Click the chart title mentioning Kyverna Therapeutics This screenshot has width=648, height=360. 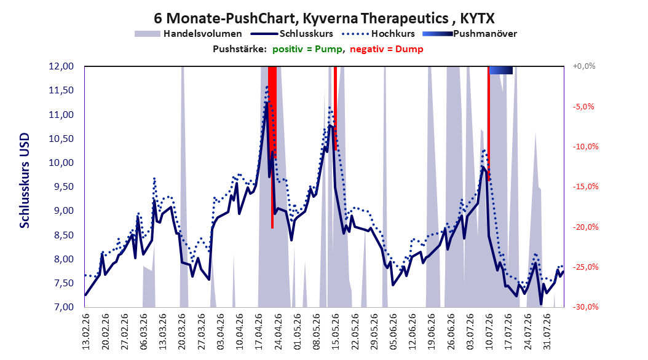tap(324, 18)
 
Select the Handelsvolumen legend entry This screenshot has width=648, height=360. tap(188, 34)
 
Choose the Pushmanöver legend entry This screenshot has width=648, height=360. tap(470, 34)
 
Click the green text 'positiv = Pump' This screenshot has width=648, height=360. tap(307, 49)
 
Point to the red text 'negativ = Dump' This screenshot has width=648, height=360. tap(387, 49)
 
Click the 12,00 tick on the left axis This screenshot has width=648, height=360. tap(61, 66)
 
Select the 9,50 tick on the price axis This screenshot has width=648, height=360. tap(61, 187)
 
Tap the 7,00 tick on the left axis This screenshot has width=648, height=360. tap(61, 307)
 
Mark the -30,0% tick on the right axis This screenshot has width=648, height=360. tap(585, 307)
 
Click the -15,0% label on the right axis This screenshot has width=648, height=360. tap(585, 187)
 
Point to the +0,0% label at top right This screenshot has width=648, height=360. tap(584, 66)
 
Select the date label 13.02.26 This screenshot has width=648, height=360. tap(86, 332)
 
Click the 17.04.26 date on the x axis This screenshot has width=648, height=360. tap(259, 332)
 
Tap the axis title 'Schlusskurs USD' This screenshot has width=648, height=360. tap(25, 181)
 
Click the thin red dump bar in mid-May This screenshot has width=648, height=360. tap(336, 108)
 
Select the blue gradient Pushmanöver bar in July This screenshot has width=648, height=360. tap(501, 70)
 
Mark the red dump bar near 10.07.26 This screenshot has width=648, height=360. tap(489, 123)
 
